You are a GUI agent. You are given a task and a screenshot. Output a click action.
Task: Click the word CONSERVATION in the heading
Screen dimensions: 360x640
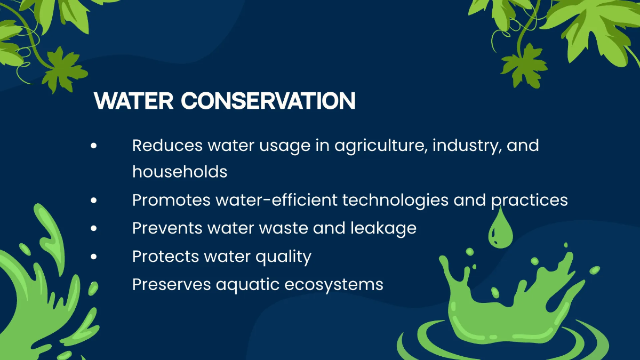point(268,101)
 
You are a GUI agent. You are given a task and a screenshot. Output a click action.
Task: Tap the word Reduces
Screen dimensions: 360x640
point(167,145)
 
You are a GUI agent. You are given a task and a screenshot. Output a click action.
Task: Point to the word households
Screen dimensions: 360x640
point(180,172)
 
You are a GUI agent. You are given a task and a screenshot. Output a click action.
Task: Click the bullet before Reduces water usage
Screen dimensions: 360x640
point(94,145)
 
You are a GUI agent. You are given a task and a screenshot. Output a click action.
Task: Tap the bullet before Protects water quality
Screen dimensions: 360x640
point(94,257)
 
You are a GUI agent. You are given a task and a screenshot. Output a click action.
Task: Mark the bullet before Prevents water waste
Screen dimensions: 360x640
point(94,228)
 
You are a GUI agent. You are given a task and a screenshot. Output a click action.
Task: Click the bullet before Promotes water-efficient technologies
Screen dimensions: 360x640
point(94,200)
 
